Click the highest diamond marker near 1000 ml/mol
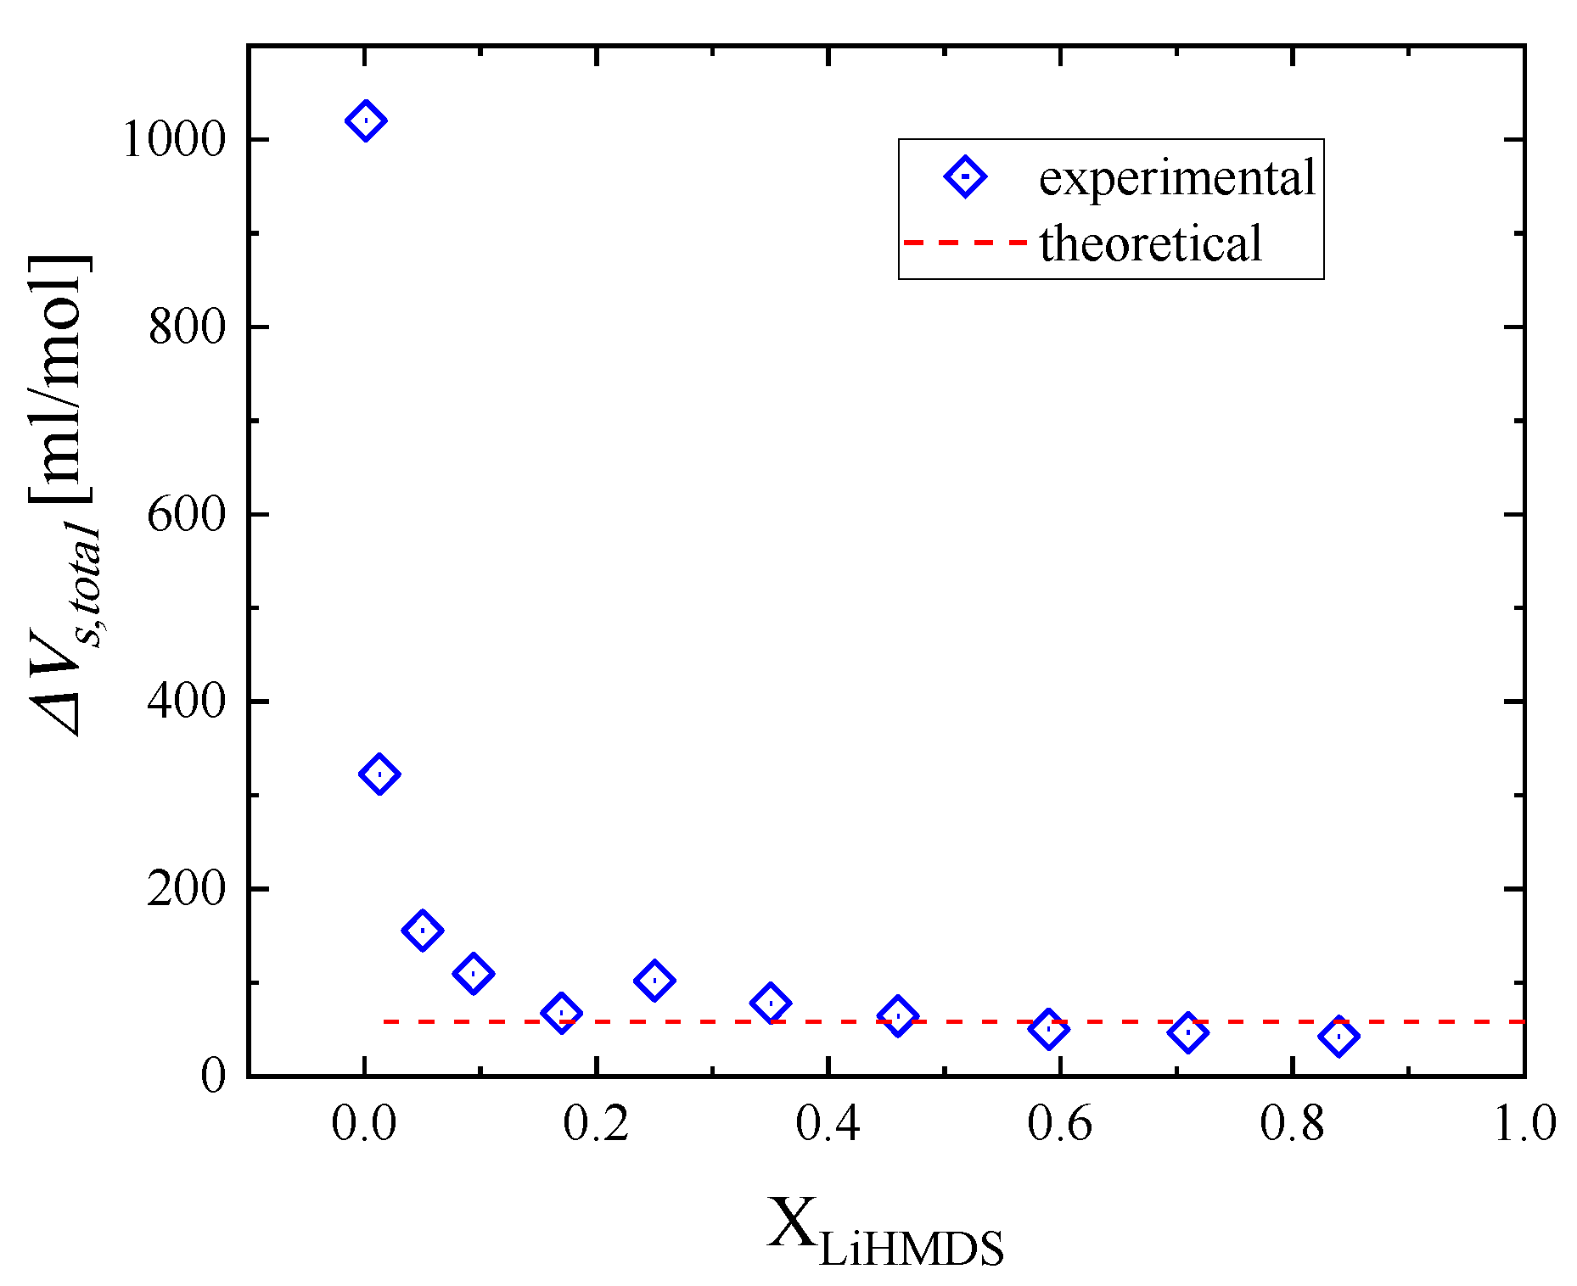tap(366, 120)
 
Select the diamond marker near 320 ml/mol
tap(379, 774)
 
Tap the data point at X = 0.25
tap(654, 981)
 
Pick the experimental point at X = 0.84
tap(1338, 1036)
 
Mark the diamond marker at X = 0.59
tap(1048, 1029)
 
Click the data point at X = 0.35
tap(771, 1003)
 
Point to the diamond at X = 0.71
tap(1187, 1032)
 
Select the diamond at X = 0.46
tap(898, 1016)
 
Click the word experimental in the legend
tap(1176, 178)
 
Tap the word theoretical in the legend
tap(1151, 243)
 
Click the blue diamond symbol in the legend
tap(965, 176)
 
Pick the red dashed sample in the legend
tap(965, 243)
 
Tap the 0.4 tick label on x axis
tap(828, 1124)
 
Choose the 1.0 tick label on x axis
tap(1524, 1124)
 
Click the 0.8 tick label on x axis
tap(1292, 1124)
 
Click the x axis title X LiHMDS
tap(885, 1233)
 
